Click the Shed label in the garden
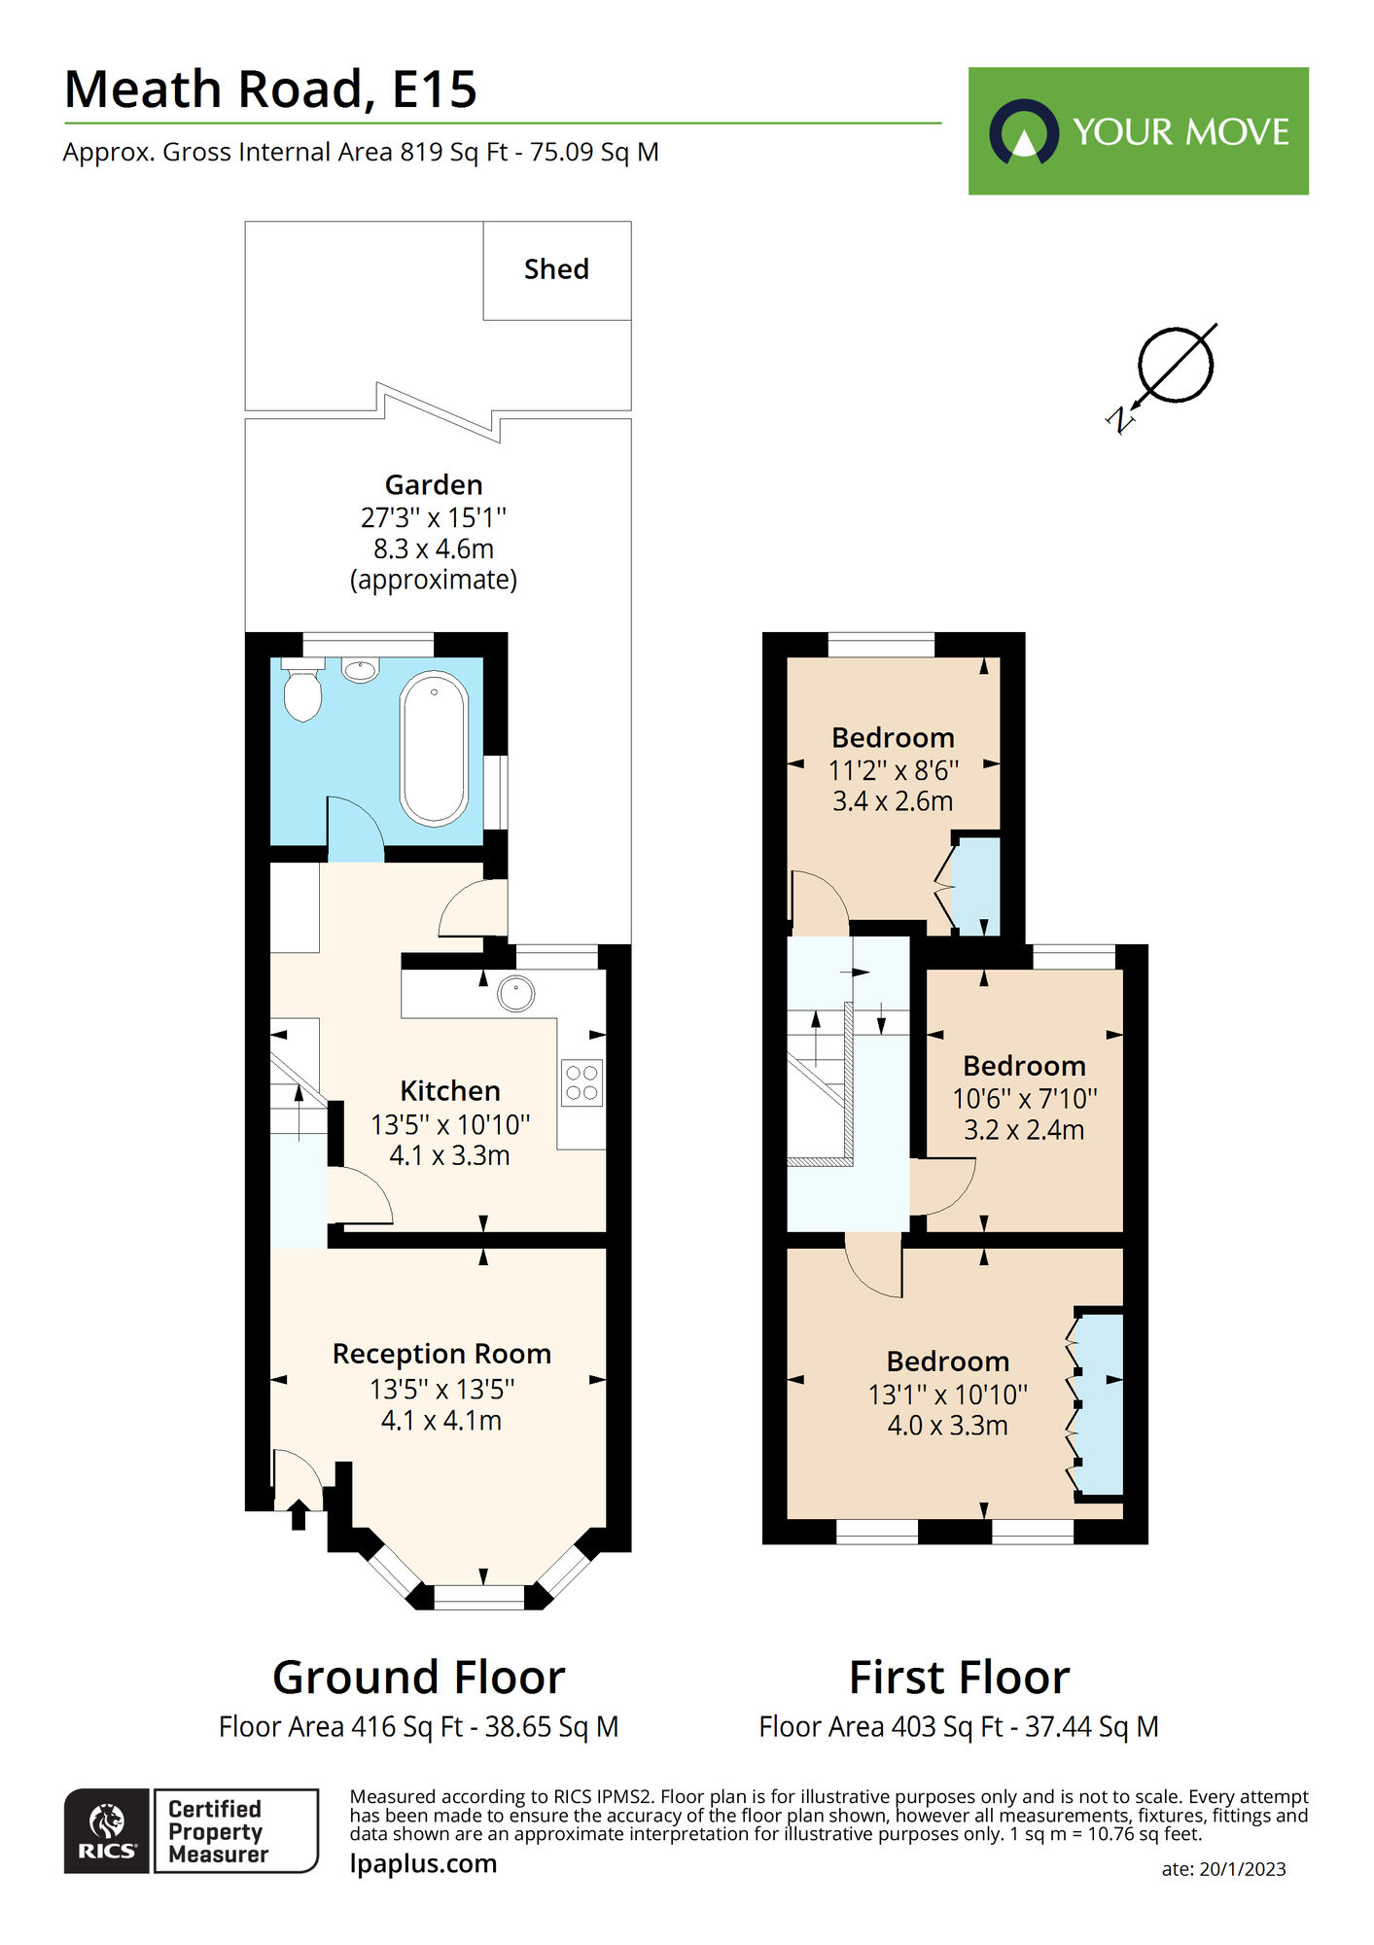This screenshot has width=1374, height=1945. (556, 269)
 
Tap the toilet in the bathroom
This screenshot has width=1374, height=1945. (302, 692)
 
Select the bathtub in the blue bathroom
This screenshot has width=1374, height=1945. (434, 749)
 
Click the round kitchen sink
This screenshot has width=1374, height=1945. (515, 994)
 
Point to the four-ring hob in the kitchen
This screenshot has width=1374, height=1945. (581, 1083)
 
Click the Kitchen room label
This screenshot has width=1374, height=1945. (450, 1091)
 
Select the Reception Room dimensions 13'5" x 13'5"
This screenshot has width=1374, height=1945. (441, 1390)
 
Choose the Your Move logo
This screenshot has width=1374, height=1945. (1138, 131)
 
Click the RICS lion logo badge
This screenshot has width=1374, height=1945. (107, 1830)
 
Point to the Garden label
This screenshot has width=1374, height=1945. (434, 485)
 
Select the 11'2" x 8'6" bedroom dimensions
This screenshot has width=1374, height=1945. (893, 771)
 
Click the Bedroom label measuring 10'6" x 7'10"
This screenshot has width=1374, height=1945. (1024, 1066)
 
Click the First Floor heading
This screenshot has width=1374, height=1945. (959, 1678)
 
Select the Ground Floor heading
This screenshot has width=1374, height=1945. (418, 1678)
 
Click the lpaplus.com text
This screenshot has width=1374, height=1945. (423, 1863)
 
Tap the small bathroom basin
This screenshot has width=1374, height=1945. (361, 670)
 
